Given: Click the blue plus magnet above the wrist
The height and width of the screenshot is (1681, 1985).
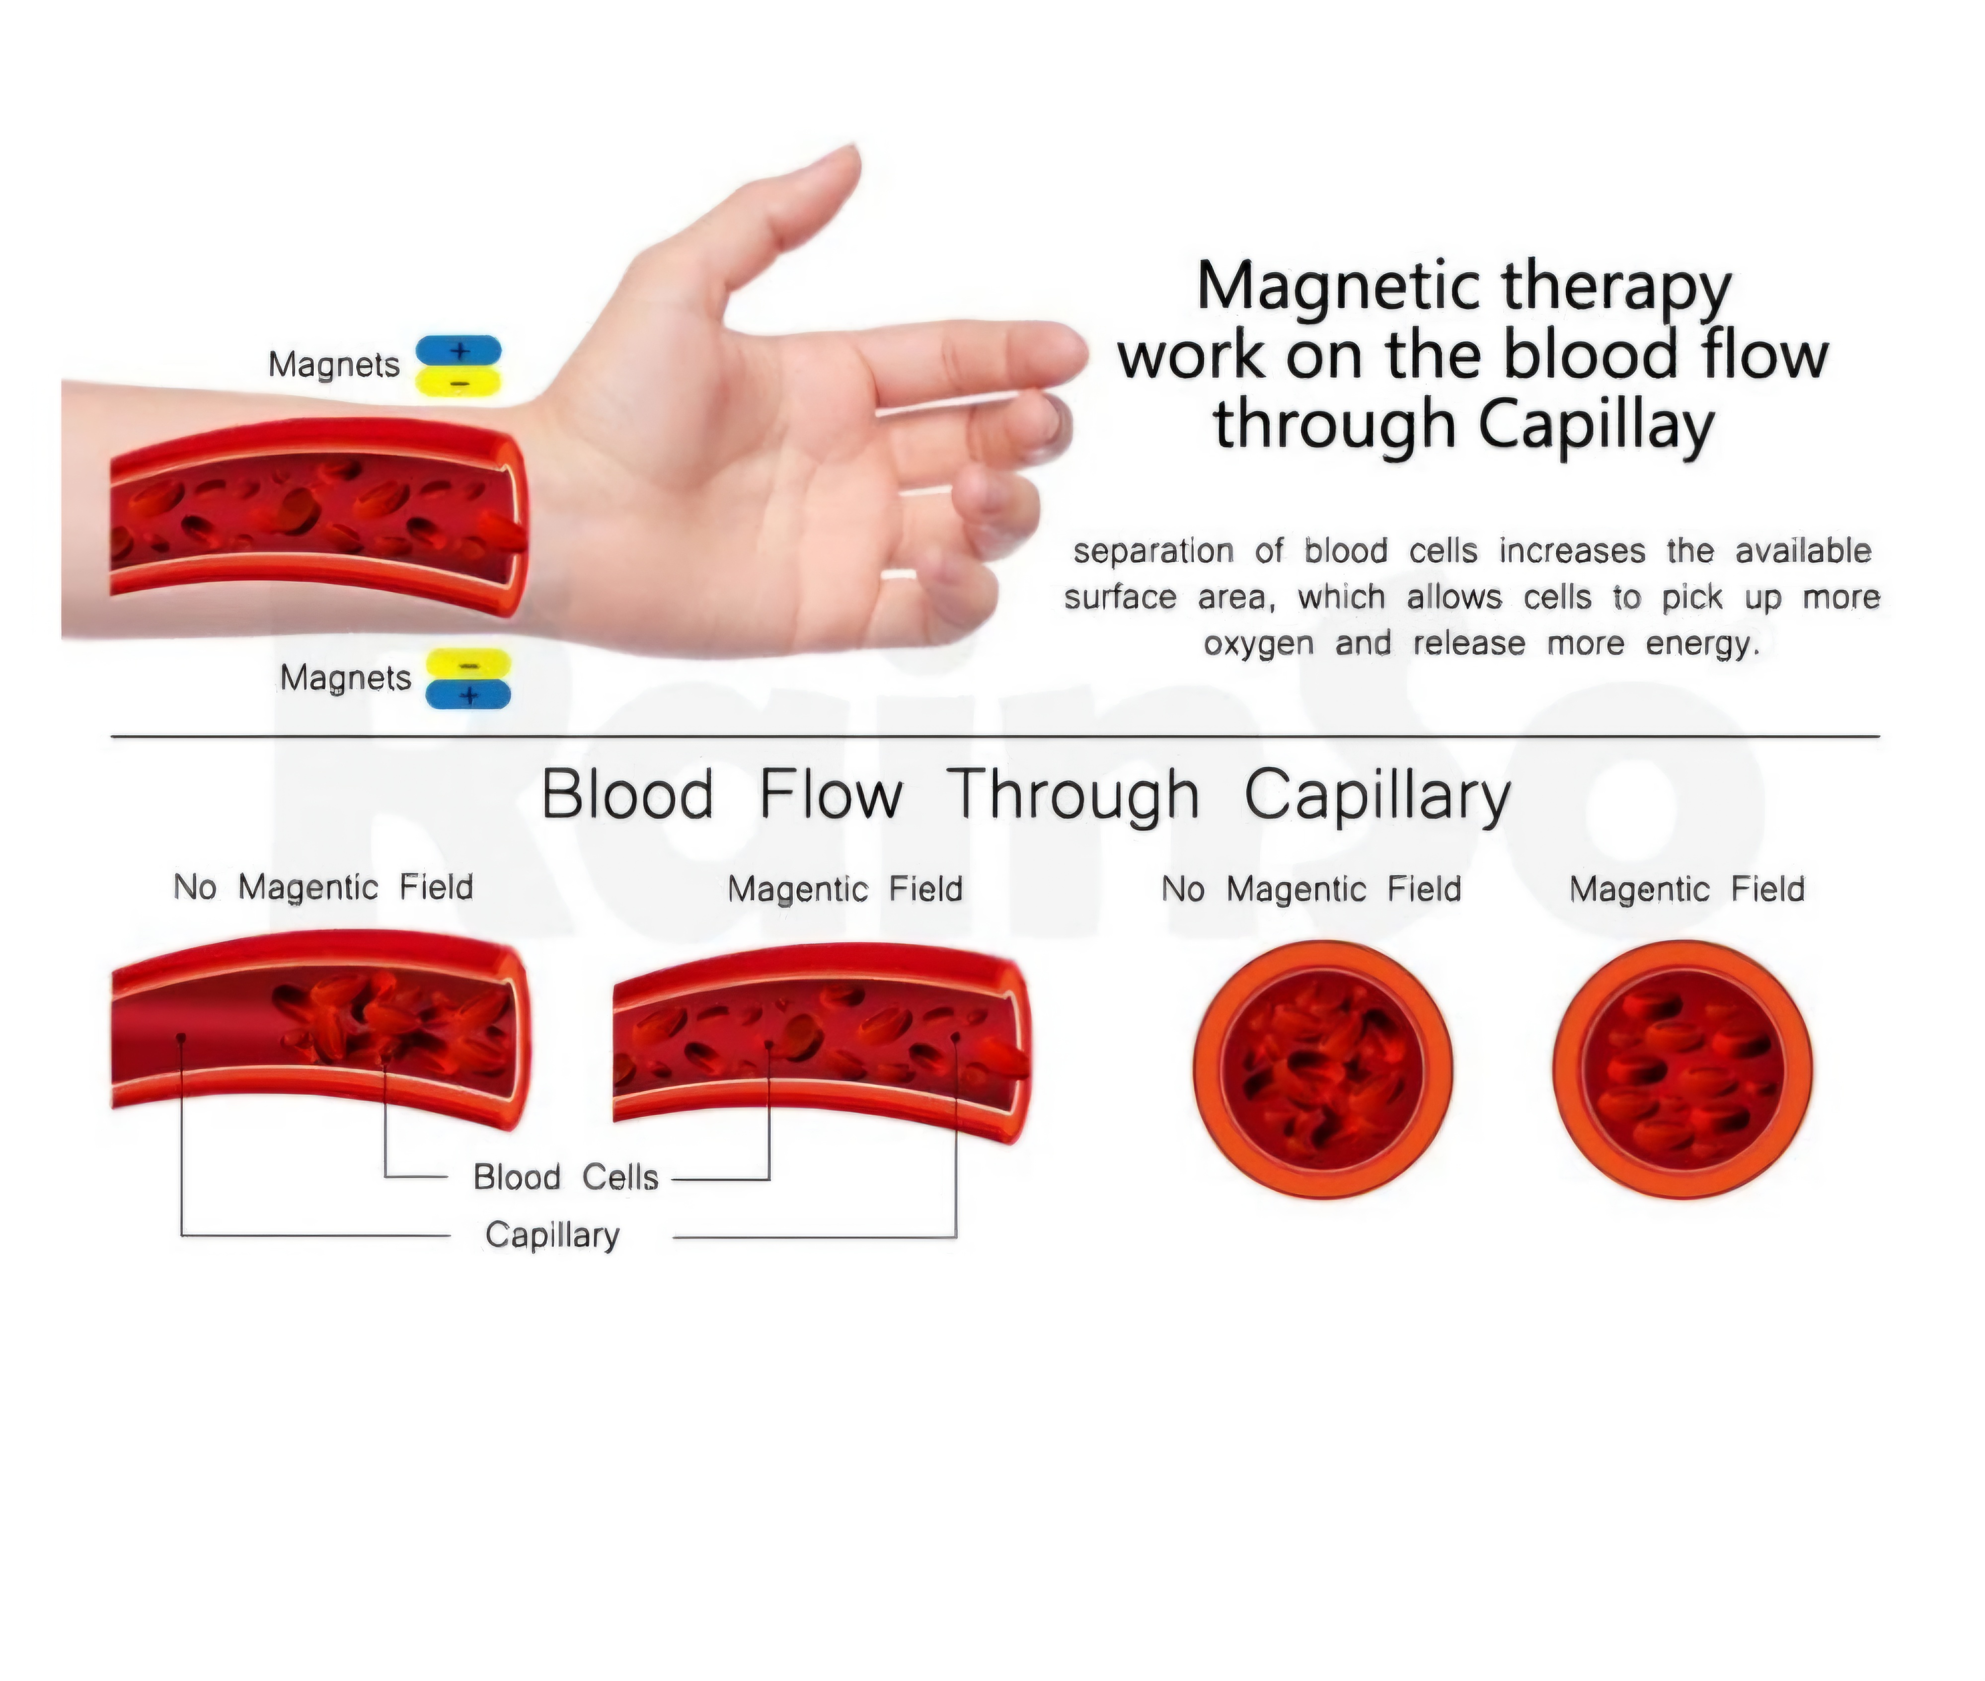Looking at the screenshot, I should pos(458,351).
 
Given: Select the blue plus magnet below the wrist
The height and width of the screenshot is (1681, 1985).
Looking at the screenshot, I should pos(468,694).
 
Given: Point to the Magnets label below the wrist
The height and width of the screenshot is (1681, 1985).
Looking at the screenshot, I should pos(345,678).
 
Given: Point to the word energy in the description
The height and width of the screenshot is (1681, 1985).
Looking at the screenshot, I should pos(1701,643).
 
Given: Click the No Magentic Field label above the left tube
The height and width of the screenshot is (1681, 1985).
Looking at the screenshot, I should pos(323,887).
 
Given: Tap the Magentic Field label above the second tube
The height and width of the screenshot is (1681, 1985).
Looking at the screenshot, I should pos(844,889).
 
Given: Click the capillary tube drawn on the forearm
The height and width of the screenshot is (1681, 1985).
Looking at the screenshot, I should pos(314,515).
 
